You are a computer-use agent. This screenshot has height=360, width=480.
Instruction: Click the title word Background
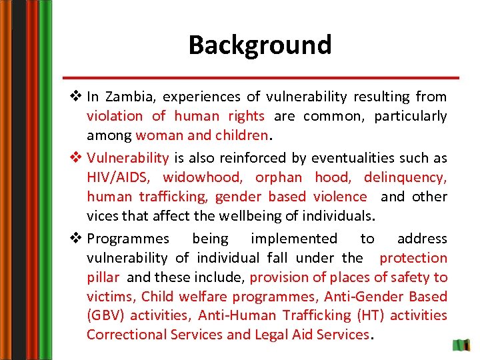coord(259,45)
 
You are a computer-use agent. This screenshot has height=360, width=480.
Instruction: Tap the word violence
coord(340,197)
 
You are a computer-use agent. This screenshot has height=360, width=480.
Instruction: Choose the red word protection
coord(413,258)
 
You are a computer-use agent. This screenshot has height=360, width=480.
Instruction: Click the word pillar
coord(103,277)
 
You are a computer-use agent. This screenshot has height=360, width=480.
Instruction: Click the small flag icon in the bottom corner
coord(461,346)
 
